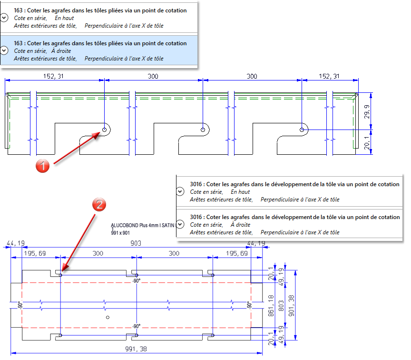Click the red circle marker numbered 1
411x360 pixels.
pyautogui.click(x=43, y=166)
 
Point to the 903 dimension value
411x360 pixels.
pyautogui.click(x=136, y=243)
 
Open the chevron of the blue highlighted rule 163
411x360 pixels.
pyautogui.click(x=5, y=50)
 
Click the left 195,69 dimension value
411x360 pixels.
pyautogui.click(x=36, y=254)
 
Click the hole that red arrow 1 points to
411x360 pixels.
pyautogui.click(x=104, y=130)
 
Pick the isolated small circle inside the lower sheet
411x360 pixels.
pyautogui.click(x=108, y=317)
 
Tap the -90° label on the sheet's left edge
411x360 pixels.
pyautogui.click(x=19, y=305)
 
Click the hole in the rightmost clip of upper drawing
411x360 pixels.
pyautogui.click(x=302, y=130)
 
